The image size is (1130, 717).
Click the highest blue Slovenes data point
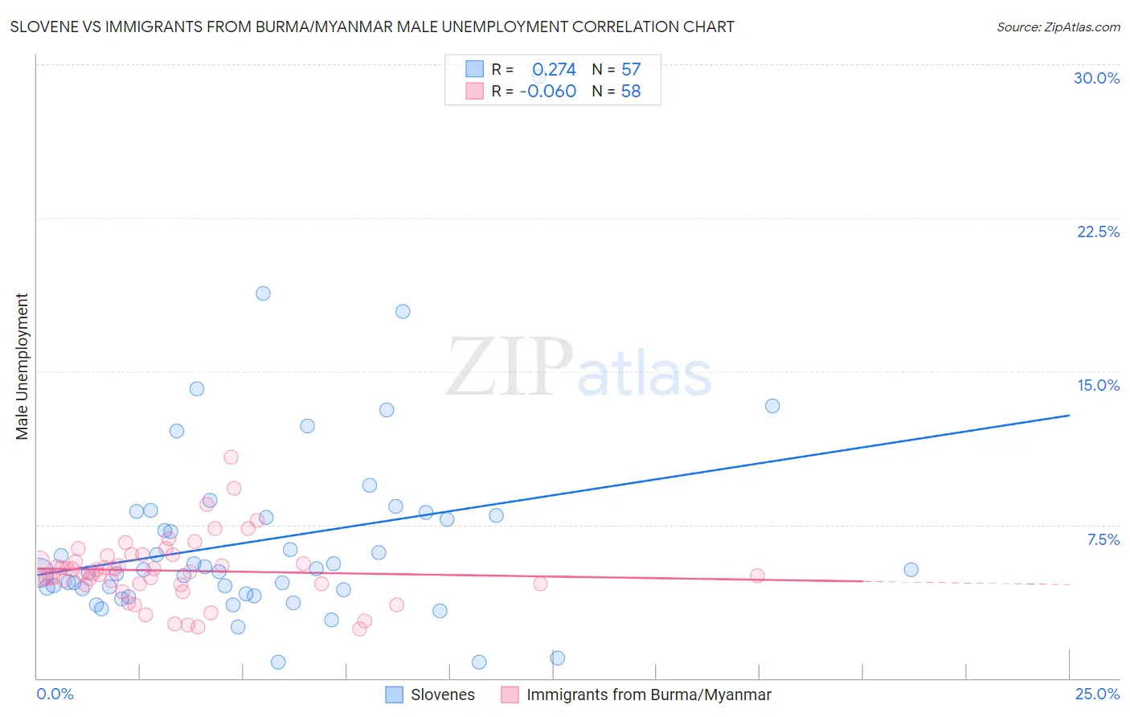point(263,293)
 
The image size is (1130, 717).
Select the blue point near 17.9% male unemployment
point(403,311)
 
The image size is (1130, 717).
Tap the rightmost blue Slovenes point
point(911,570)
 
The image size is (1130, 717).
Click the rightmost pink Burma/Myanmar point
point(757,576)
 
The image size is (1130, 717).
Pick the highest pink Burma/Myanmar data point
point(231,457)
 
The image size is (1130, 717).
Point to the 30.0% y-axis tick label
point(1096,78)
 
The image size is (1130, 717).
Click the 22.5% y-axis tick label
point(1098,231)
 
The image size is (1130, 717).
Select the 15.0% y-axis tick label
point(1098,385)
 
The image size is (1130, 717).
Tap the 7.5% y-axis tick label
point(1103,539)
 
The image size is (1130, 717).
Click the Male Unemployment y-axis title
point(23,367)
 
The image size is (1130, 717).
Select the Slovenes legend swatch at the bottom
point(394,694)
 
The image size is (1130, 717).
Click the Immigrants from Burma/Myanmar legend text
point(649,694)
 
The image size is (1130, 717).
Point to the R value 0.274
point(554,70)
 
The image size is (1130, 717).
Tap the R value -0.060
point(548,92)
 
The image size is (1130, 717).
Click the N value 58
point(631,92)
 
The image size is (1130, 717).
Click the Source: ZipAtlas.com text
point(1058,27)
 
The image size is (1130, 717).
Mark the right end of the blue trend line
point(1069,416)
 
